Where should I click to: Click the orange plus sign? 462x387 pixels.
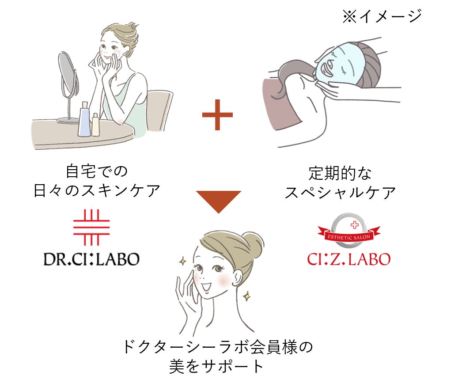pos(217,115)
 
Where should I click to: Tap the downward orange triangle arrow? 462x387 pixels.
pos(219,200)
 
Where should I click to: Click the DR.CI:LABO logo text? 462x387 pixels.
pos(91,259)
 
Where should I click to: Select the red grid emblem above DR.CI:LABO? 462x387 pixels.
pos(91,227)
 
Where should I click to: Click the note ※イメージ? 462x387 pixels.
pos(382,17)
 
